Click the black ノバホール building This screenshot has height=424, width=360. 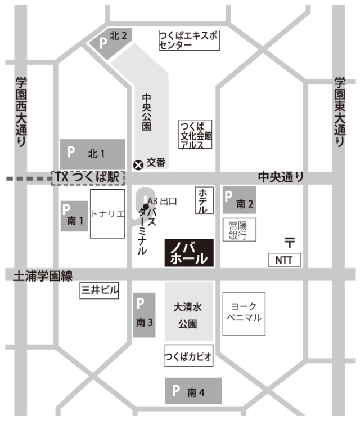tap(189, 253)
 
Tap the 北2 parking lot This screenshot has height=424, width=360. tap(111, 41)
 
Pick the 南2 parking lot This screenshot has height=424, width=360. tap(240, 200)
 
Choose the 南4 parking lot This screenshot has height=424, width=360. tap(193, 391)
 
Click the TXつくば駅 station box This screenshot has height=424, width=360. tap(87, 178)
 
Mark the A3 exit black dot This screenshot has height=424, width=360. tap(146, 206)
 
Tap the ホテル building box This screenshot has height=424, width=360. tap(203, 201)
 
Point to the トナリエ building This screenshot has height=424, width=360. tap(107, 215)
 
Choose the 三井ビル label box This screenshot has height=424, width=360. tap(99, 291)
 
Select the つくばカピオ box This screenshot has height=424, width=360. tap(189, 356)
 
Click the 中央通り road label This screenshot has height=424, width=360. tap(281, 177)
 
